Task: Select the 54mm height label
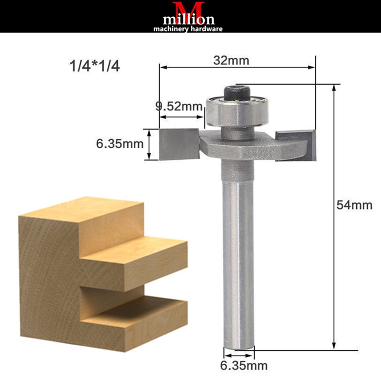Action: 355,205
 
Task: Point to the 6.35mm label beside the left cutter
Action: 120,144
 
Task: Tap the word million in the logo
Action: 189,19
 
